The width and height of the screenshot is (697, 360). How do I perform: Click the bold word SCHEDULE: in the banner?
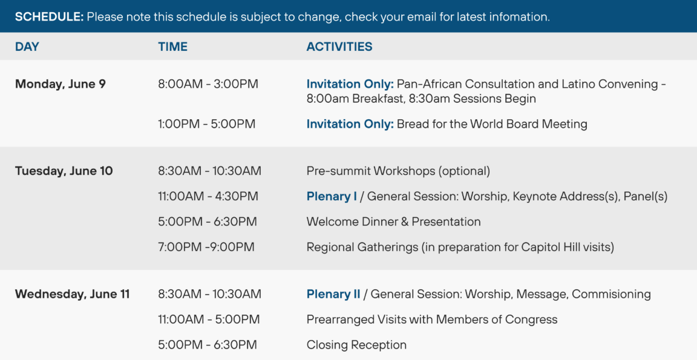pyautogui.click(x=50, y=17)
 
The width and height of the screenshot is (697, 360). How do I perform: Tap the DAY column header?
pyautogui.click(x=27, y=47)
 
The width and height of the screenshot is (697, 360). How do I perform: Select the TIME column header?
pyautogui.click(x=173, y=47)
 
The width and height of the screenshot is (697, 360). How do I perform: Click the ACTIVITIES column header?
pyautogui.click(x=339, y=47)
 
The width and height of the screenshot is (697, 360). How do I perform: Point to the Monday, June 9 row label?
pyautogui.click(x=61, y=84)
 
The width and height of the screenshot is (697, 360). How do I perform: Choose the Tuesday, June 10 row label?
pyautogui.click(x=64, y=171)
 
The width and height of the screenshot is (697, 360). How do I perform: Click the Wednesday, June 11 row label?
pyautogui.click(x=73, y=294)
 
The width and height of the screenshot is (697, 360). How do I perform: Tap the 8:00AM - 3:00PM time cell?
pyautogui.click(x=208, y=84)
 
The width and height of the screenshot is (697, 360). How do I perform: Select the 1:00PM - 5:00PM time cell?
pyautogui.click(x=207, y=124)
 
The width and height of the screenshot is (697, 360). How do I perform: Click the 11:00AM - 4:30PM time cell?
pyautogui.click(x=208, y=197)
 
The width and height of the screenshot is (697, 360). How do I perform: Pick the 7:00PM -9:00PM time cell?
pyautogui.click(x=206, y=247)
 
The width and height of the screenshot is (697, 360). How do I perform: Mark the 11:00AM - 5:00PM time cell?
pyautogui.click(x=209, y=319)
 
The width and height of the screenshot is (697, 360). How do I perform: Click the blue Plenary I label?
pyautogui.click(x=332, y=197)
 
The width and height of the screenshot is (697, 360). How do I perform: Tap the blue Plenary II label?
pyautogui.click(x=333, y=294)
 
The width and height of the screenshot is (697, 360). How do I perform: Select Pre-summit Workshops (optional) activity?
pyautogui.click(x=398, y=171)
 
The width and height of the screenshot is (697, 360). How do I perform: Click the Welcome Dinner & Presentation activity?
pyautogui.click(x=394, y=222)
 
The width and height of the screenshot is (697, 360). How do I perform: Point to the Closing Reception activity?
pyautogui.click(x=356, y=345)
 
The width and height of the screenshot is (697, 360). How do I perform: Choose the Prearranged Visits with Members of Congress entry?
pyautogui.click(x=432, y=319)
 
